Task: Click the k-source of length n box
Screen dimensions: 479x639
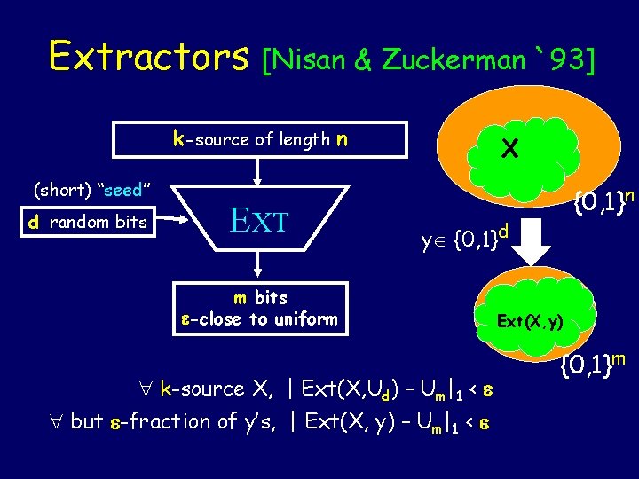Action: click(x=260, y=139)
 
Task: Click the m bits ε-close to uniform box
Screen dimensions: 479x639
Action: click(x=259, y=308)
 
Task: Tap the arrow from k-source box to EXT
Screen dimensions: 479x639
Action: click(x=258, y=170)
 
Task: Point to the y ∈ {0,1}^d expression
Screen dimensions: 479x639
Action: click(x=467, y=238)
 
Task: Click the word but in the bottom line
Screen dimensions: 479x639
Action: click(x=86, y=421)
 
